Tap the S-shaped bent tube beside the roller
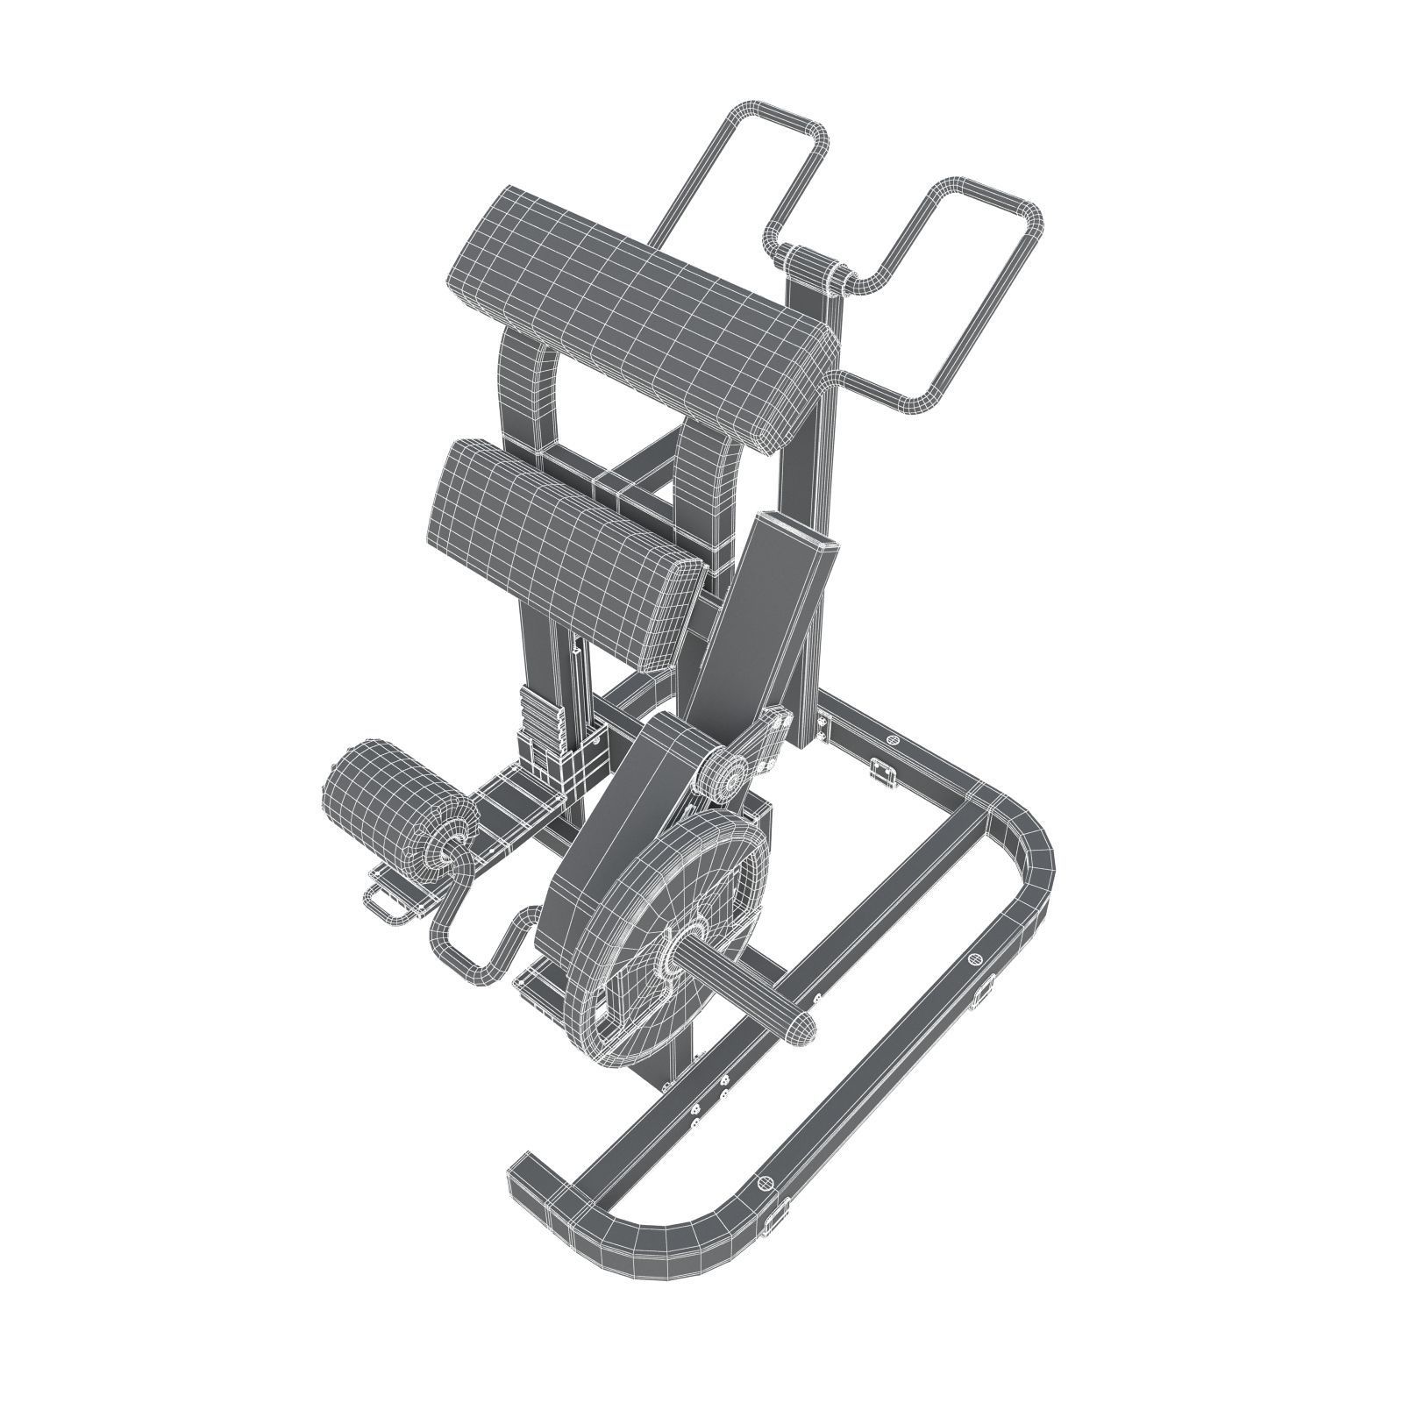[x=491, y=943]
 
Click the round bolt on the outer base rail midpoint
[x=973, y=960]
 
